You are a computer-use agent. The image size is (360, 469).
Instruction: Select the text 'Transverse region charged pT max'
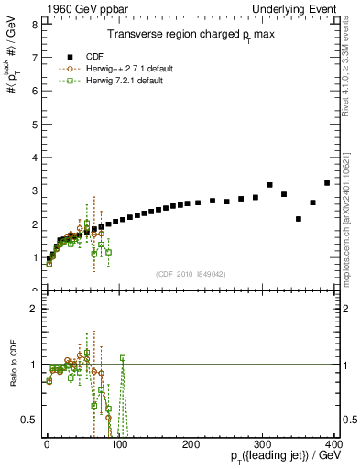[x=191, y=34]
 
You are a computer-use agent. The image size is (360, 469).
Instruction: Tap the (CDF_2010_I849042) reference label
[x=191, y=274]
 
